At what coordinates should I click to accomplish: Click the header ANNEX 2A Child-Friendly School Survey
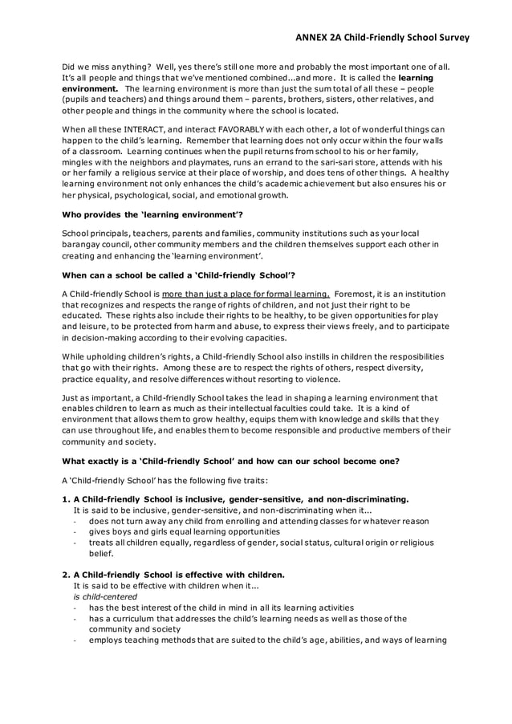381,37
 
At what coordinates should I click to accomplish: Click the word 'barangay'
84,245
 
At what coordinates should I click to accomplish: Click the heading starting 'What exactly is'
219,461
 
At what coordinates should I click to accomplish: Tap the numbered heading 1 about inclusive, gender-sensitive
235,498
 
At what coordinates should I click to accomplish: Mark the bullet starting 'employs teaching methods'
267,640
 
